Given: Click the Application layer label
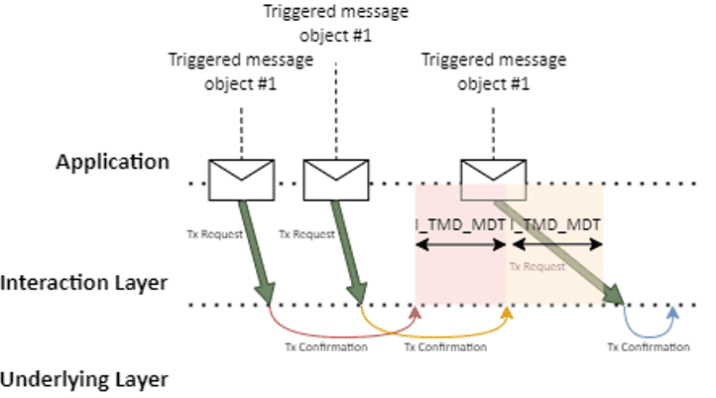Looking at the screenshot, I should pos(112,161).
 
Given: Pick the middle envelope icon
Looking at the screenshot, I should pos(328,179).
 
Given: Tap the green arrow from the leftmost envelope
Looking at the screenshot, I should pos(255,248).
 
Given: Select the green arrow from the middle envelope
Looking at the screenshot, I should pos(347,248).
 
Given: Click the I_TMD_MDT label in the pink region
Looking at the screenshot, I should pos(461,225).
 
